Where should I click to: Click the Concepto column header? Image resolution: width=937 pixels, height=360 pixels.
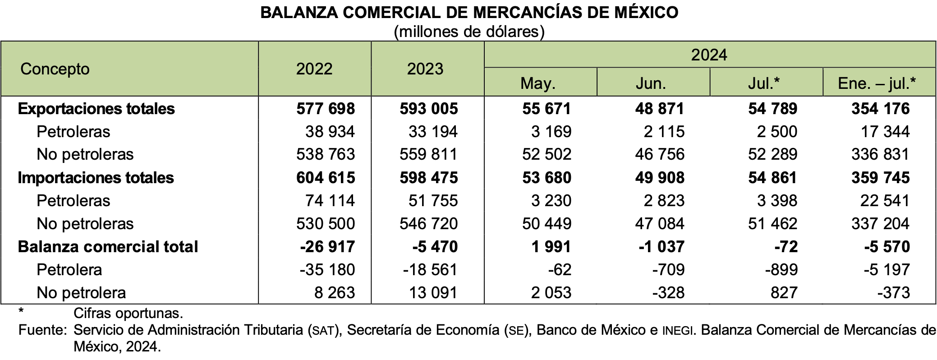(x=55, y=69)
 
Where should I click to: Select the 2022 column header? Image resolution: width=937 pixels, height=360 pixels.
(x=314, y=69)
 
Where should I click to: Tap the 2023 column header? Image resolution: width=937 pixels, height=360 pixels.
(x=425, y=69)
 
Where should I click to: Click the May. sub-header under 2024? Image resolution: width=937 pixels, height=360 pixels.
(x=538, y=83)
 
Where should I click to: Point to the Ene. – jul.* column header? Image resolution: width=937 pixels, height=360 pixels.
(x=877, y=83)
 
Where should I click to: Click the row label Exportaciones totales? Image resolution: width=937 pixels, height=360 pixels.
(x=96, y=109)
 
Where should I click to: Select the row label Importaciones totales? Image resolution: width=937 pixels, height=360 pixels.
(x=96, y=178)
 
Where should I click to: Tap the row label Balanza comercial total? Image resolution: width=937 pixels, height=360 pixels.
(x=108, y=247)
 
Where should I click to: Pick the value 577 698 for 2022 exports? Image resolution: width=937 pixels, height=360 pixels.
(x=326, y=109)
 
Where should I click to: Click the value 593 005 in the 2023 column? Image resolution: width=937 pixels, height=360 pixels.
(x=429, y=109)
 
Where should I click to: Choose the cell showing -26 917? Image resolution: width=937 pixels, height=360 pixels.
(x=327, y=247)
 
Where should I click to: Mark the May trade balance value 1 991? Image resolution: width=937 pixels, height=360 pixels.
(x=551, y=247)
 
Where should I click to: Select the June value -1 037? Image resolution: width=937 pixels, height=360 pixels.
(x=661, y=247)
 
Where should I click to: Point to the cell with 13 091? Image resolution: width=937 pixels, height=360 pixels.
(x=433, y=293)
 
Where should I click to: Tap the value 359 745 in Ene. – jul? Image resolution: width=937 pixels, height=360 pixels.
(x=881, y=178)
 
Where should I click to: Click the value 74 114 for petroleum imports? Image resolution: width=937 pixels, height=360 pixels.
(x=330, y=201)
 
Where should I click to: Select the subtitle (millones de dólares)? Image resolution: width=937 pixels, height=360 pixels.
(x=469, y=32)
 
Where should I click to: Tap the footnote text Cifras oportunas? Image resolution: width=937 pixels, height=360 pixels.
(x=128, y=313)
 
